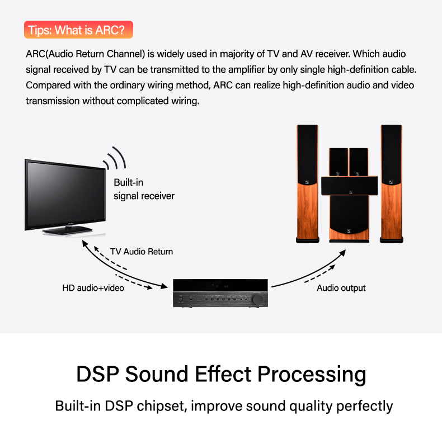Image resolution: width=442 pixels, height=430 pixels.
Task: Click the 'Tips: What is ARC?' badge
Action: click(78, 30)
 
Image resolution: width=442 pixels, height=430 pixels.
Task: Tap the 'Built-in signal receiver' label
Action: click(144, 189)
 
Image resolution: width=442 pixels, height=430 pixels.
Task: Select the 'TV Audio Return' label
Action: click(142, 252)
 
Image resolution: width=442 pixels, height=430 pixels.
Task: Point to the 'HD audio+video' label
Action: click(93, 288)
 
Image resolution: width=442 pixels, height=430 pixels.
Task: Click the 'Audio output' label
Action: click(341, 288)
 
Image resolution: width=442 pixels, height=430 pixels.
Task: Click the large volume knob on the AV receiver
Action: click(257, 299)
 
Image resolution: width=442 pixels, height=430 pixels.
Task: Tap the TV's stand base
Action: click(67, 230)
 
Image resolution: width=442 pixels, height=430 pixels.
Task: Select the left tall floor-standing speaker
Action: click(308, 184)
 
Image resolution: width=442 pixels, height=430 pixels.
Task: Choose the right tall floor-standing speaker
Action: click(392, 184)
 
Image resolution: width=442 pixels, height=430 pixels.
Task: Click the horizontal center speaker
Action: click(350, 186)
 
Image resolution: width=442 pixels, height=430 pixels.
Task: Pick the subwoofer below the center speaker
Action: click(349, 219)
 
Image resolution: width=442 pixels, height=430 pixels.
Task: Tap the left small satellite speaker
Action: click(338, 162)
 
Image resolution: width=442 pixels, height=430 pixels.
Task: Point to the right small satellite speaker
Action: click(359, 162)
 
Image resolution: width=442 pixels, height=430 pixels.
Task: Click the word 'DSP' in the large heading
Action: click(97, 374)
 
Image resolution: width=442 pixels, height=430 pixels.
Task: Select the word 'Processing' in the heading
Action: click(312, 375)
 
